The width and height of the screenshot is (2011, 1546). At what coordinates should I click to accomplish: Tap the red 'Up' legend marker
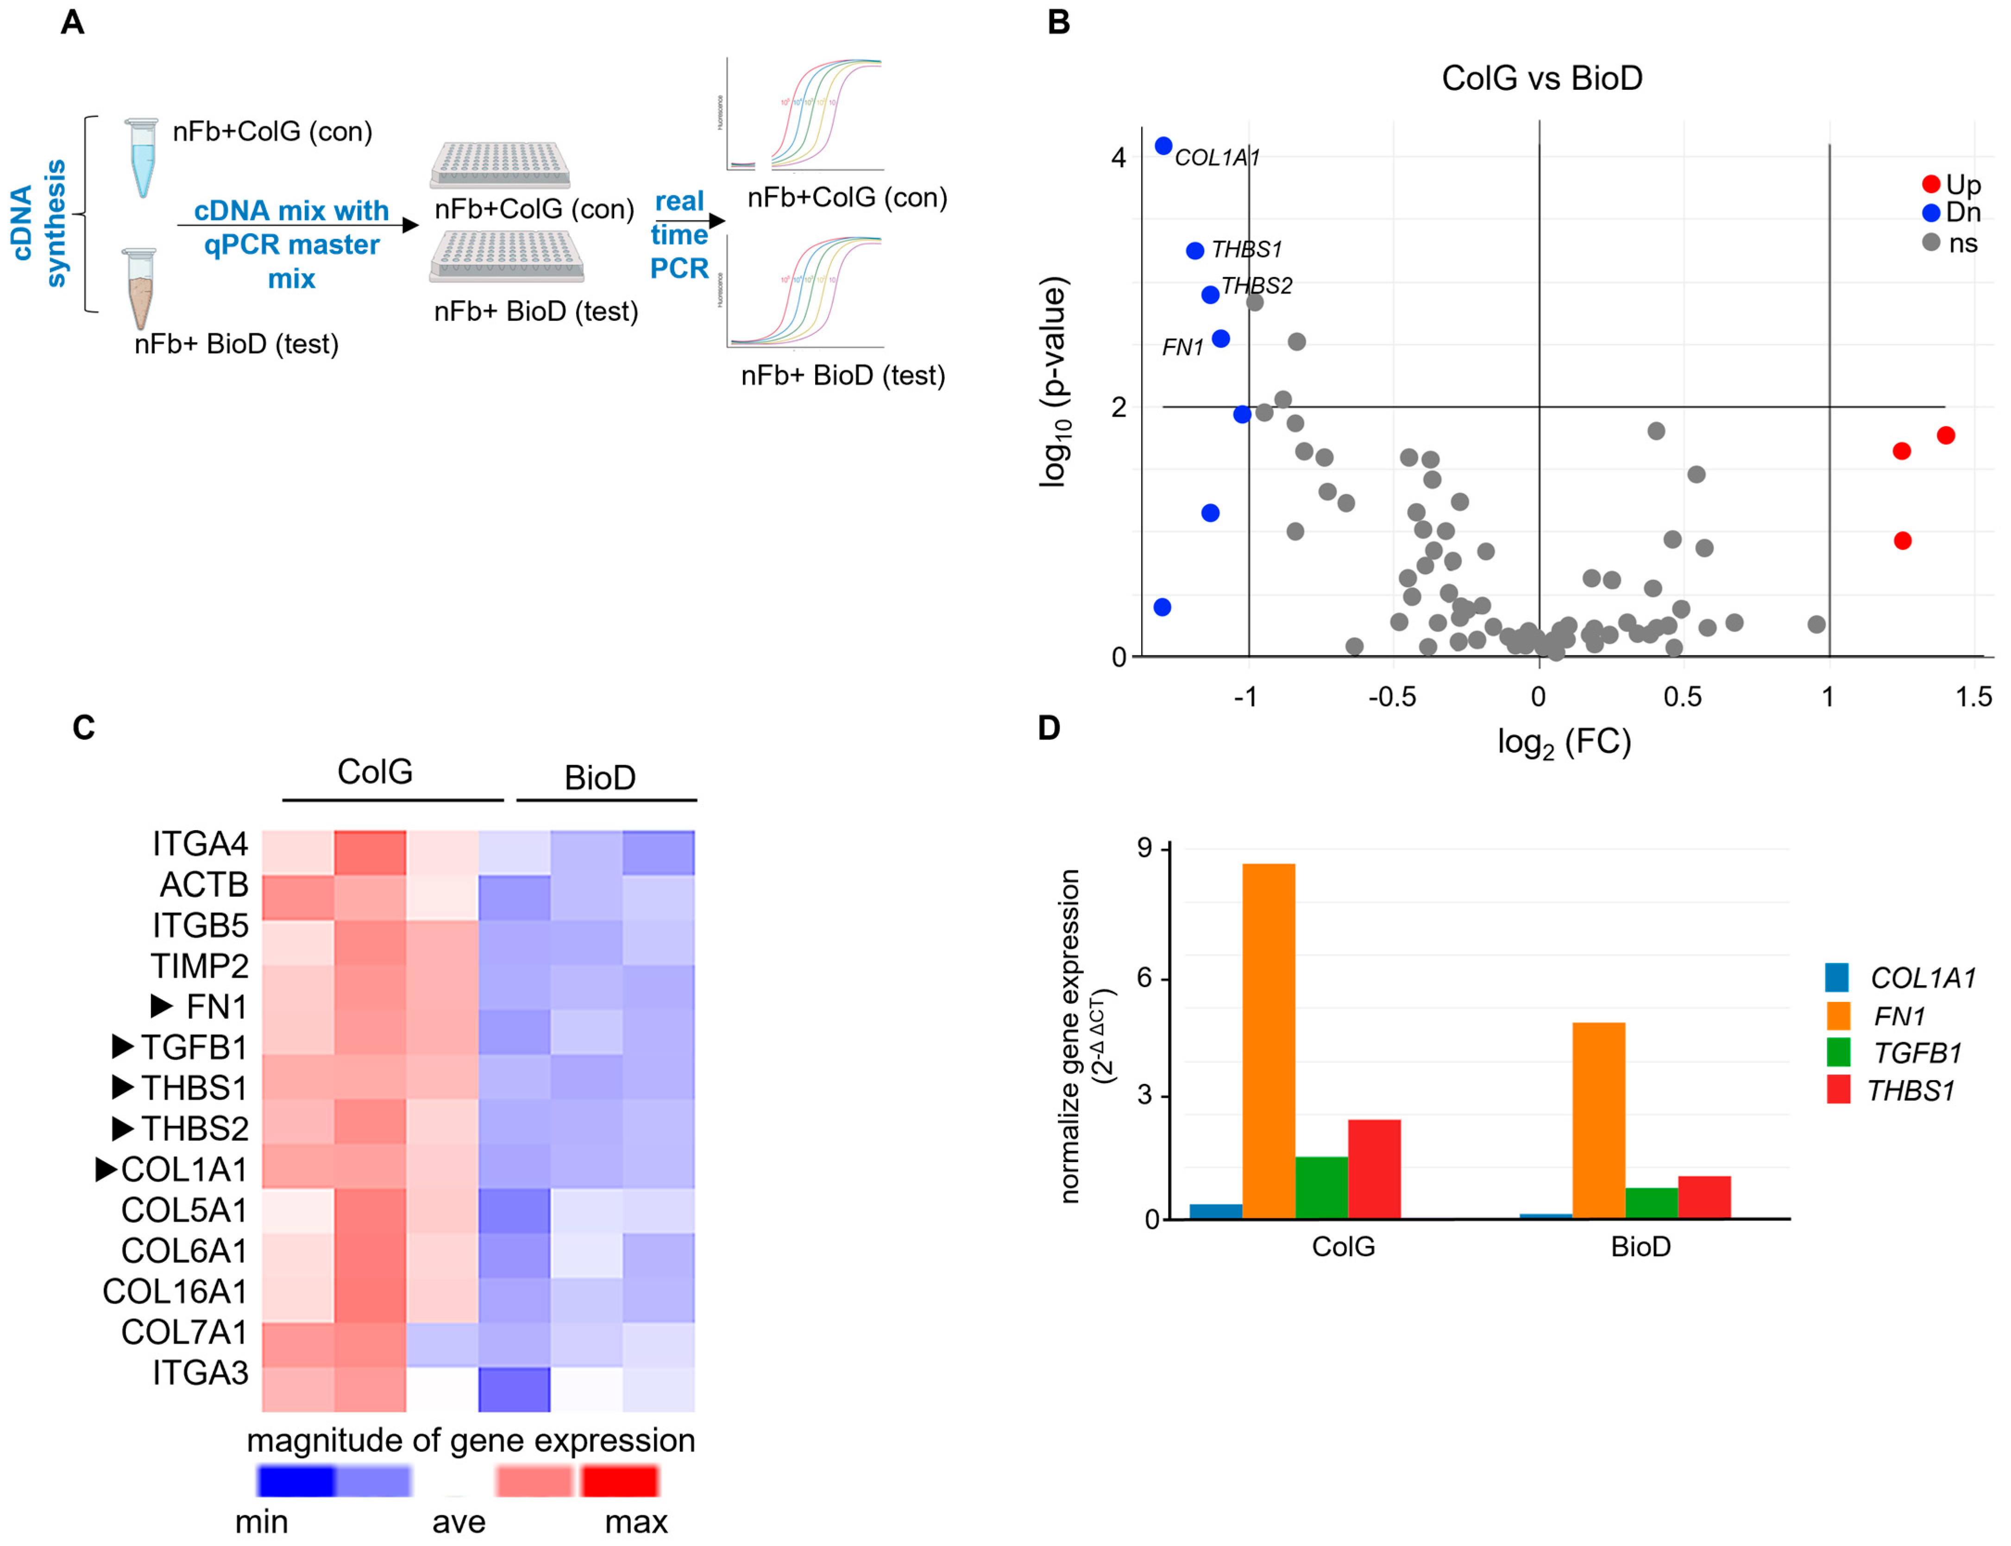click(1931, 184)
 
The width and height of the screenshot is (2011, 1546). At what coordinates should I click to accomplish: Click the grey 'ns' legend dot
click(1931, 242)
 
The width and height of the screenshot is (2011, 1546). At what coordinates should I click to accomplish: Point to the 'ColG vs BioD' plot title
click(1542, 78)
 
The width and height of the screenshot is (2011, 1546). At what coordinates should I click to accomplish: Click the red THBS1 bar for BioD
click(1703, 1197)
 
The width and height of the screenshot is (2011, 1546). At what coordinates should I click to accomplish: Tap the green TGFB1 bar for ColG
click(1321, 1187)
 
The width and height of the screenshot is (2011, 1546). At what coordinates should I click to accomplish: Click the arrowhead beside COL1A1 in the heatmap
click(107, 1169)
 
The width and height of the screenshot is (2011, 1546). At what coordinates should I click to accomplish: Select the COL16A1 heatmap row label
click(175, 1291)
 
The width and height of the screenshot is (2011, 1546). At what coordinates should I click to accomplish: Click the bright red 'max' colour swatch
click(619, 1481)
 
